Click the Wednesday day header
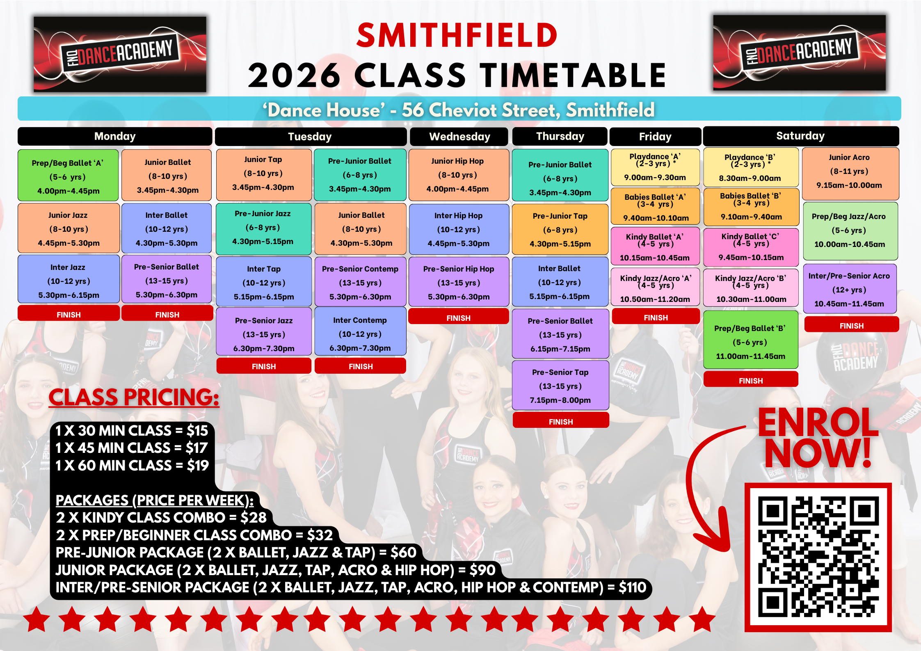point(459,137)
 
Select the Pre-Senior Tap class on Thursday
point(560,386)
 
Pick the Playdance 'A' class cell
point(655,167)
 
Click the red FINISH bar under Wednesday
point(459,317)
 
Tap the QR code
point(818,557)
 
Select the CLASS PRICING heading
point(134,397)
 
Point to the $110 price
point(632,587)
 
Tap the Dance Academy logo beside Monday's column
point(120,54)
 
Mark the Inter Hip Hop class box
point(459,229)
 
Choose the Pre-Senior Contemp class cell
point(360,282)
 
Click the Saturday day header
point(801,136)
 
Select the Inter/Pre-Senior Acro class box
point(850,289)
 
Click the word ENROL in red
point(818,423)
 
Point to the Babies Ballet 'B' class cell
point(751,207)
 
